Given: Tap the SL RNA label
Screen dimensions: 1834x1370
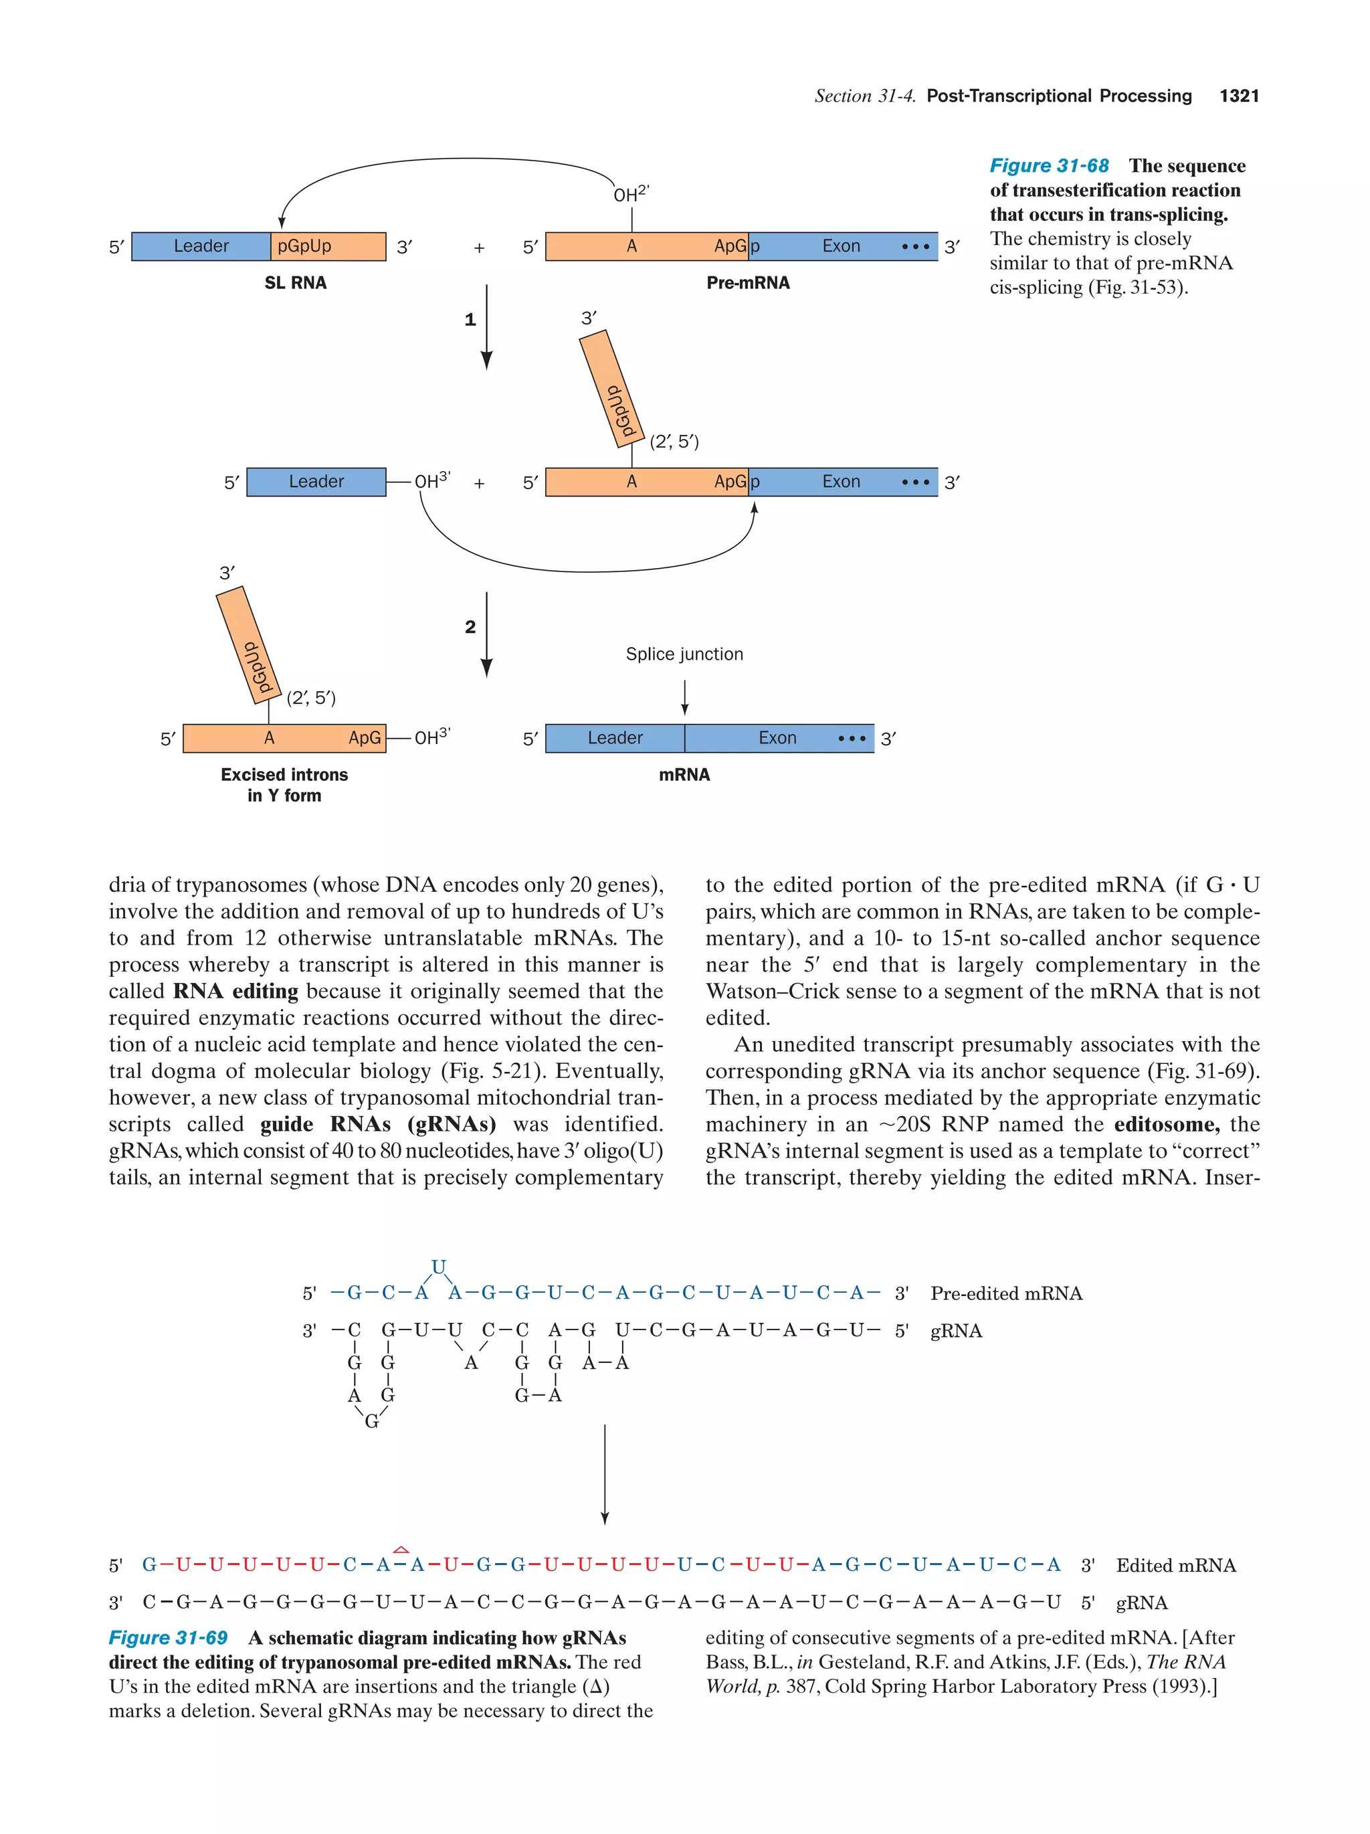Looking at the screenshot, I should point(295,283).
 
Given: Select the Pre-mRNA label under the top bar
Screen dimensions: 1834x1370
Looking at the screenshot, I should point(748,283).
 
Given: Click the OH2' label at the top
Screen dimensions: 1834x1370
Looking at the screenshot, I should point(630,194).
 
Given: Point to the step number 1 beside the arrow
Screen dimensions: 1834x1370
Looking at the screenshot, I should point(470,319).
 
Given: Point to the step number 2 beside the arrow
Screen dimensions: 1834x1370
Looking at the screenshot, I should point(470,627).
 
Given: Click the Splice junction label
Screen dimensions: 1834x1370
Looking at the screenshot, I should point(684,654).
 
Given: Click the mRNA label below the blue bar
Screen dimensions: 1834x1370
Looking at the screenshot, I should point(684,774).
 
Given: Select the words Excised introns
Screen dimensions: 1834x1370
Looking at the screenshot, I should point(284,774).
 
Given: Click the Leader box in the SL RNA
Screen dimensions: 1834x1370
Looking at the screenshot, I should point(201,246).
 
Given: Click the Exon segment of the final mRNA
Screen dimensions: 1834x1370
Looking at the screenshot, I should point(777,738).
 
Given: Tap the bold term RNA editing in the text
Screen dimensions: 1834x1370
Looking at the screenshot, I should point(235,992).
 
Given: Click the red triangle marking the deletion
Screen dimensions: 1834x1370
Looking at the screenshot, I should point(401,1549).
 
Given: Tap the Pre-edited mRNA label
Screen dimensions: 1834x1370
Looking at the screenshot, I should point(1006,1293).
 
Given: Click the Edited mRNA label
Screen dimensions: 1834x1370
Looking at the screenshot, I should point(1175,1566).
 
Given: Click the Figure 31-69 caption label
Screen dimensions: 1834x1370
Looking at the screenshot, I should point(169,1637).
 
